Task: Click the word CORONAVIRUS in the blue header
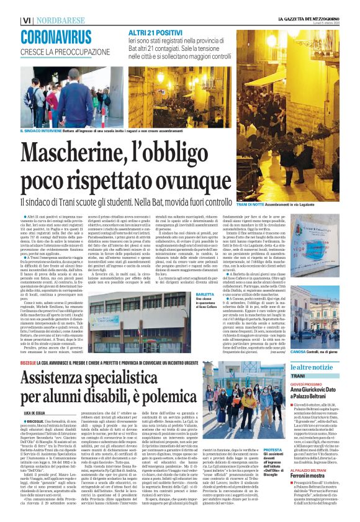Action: click(55, 37)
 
